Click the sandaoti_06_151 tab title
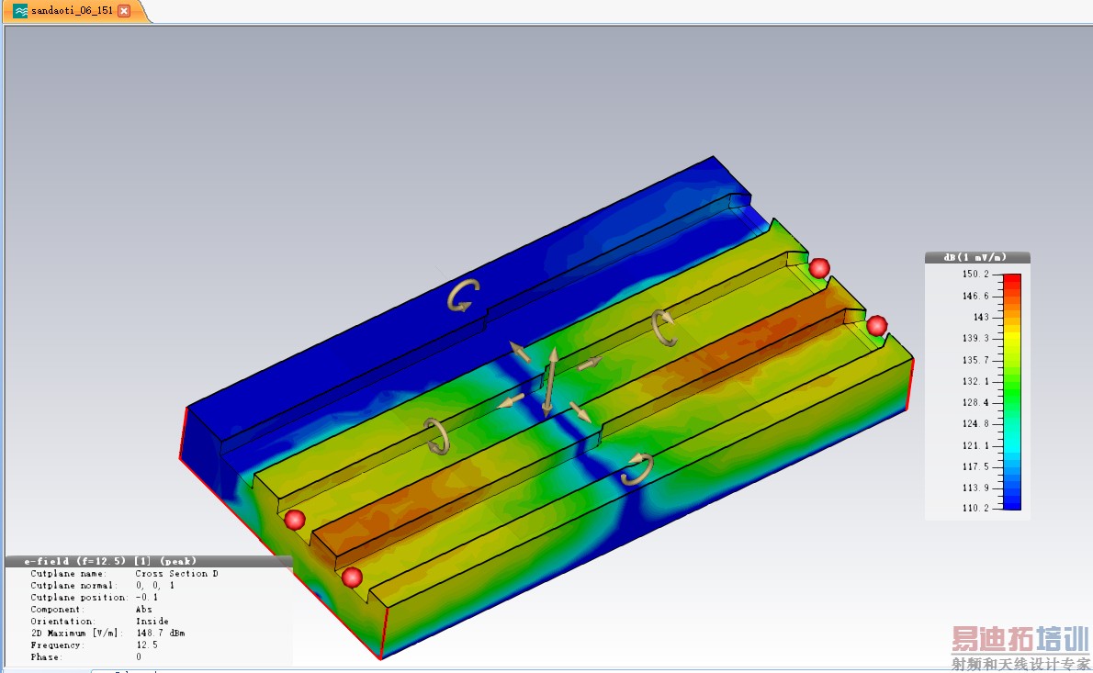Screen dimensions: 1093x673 72,10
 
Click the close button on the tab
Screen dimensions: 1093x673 124,10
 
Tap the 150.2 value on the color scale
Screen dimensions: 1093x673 975,274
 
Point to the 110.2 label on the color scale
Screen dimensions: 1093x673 975,508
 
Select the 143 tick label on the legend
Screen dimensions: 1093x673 981,317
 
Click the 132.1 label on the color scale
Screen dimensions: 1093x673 975,381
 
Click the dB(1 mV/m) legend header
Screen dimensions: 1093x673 975,258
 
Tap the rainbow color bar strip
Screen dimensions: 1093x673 1012,391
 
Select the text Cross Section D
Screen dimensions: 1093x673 177,573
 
